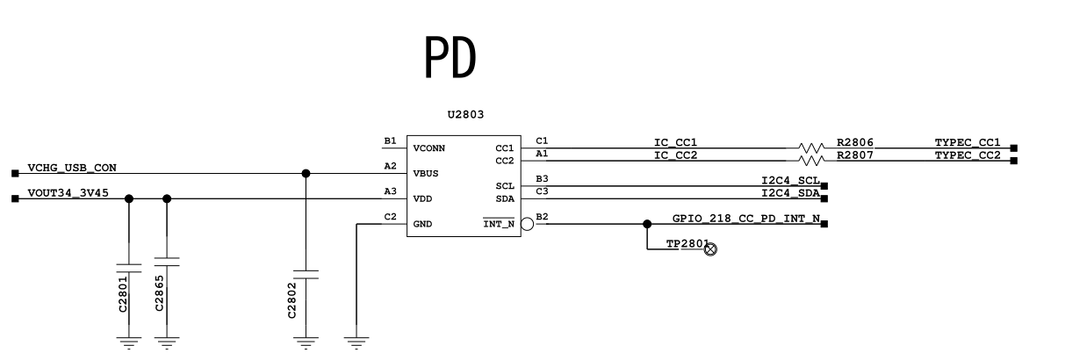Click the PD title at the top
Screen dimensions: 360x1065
click(450, 58)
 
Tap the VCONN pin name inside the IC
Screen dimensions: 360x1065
click(429, 148)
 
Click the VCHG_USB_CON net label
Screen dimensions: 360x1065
click(71, 167)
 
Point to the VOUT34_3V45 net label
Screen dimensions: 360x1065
click(68, 193)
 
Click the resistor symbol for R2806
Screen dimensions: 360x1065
click(810, 148)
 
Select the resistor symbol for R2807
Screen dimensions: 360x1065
click(810, 161)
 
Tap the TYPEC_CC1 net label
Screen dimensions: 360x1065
click(968, 142)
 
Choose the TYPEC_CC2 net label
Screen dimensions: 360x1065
click(968, 155)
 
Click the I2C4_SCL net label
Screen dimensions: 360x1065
click(790, 180)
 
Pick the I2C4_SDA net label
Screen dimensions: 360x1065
click(790, 193)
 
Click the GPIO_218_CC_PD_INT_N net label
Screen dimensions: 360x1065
click(746, 218)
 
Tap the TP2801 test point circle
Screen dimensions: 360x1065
click(711, 248)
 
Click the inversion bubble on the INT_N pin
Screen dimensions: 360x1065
click(527, 224)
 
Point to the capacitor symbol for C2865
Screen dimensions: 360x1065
click(167, 262)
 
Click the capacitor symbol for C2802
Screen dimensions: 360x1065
click(306, 274)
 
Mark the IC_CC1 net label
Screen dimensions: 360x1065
click(675, 142)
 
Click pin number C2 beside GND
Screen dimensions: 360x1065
click(391, 217)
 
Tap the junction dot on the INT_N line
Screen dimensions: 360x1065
click(647, 224)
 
